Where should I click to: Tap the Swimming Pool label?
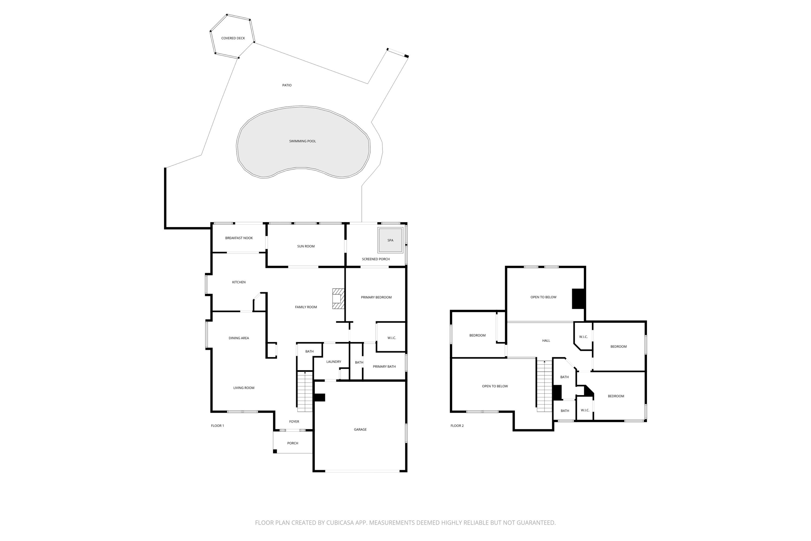pyautogui.click(x=303, y=141)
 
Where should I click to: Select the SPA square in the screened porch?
pyautogui.click(x=390, y=240)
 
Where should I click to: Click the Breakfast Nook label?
pyautogui.click(x=239, y=238)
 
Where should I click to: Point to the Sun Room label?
pyautogui.click(x=306, y=246)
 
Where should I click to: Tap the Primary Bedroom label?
pyautogui.click(x=376, y=297)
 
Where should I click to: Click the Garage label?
pyautogui.click(x=360, y=430)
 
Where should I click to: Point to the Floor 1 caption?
pyautogui.click(x=218, y=426)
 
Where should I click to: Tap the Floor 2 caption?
pyautogui.click(x=457, y=426)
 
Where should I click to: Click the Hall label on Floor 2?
pyautogui.click(x=546, y=341)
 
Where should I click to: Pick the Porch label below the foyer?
pyautogui.click(x=293, y=443)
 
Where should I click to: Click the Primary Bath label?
pyautogui.click(x=384, y=367)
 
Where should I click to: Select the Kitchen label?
pyautogui.click(x=239, y=282)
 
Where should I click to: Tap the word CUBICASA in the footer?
pyautogui.click(x=346, y=523)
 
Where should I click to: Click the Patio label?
pyautogui.click(x=287, y=85)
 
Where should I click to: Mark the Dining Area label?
pyautogui.click(x=239, y=338)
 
